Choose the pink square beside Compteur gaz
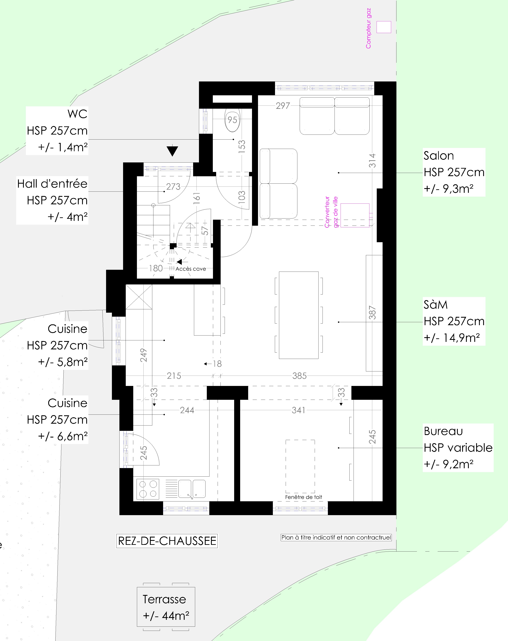tap(384, 27)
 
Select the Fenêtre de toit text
tap(304, 497)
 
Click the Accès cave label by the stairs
tap(191, 269)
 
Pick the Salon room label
tap(454, 172)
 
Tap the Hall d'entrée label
tap(52, 200)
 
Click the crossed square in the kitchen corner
tap(139, 297)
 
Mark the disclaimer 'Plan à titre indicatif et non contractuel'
tap(336, 538)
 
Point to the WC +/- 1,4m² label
tap(57, 131)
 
